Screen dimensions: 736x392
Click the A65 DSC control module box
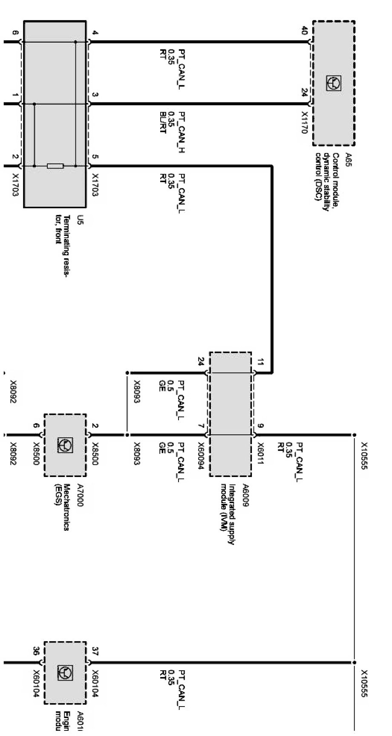(334, 83)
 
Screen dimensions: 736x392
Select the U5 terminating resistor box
(55, 114)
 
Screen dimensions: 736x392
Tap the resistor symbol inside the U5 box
(55, 166)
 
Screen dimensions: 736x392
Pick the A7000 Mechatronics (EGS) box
(65, 445)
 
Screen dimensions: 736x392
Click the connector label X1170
(304, 123)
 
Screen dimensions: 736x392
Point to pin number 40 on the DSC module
(304, 31)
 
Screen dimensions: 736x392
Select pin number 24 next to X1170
(304, 93)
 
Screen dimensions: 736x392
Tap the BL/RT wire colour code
(162, 123)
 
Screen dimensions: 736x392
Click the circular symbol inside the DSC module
(334, 83)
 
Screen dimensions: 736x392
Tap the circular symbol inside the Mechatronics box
(65, 445)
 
